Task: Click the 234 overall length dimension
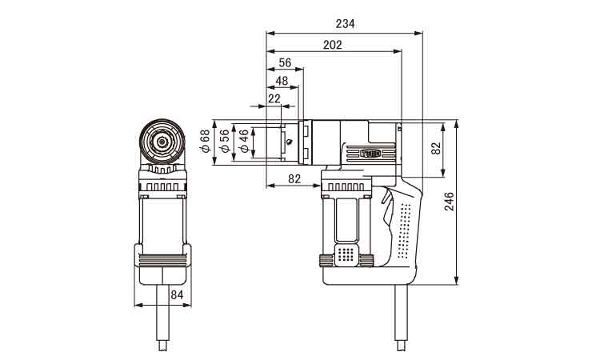click(x=345, y=24)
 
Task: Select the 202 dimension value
click(x=332, y=45)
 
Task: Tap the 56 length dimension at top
click(x=285, y=62)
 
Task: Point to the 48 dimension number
click(x=282, y=81)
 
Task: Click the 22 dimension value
click(x=274, y=98)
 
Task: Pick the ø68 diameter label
click(x=206, y=141)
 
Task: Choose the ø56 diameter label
click(x=225, y=141)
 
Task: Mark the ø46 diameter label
click(x=244, y=141)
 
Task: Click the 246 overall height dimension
click(x=449, y=202)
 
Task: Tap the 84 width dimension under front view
click(x=177, y=295)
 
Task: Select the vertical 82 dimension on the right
click(x=436, y=149)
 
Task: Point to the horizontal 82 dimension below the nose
click(x=294, y=178)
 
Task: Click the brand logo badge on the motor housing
click(x=370, y=154)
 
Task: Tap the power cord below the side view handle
click(x=402, y=318)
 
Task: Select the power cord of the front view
click(x=163, y=318)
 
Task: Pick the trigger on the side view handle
click(x=387, y=209)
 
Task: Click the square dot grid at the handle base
click(x=346, y=254)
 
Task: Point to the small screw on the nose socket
click(x=290, y=141)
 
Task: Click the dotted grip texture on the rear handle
click(x=405, y=230)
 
